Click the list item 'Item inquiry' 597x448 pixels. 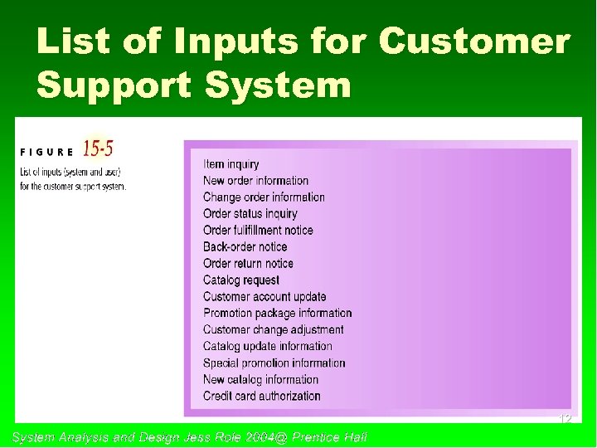[x=231, y=164]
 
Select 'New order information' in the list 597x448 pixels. [x=255, y=181]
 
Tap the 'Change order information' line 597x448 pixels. [x=264, y=197]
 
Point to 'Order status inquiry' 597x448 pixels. [x=250, y=214]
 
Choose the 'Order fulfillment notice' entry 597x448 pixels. [x=258, y=231]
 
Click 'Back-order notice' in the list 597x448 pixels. [x=245, y=247]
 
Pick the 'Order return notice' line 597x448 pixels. [x=248, y=264]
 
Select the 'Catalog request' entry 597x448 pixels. [x=241, y=280]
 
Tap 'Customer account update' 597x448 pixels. [x=265, y=297]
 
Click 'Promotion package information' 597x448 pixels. [x=277, y=314]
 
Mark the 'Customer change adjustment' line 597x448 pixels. [x=273, y=330]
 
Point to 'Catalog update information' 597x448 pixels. [x=267, y=347]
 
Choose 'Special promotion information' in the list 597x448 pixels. [x=274, y=363]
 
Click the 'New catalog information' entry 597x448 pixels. [x=260, y=380]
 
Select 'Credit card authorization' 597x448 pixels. [x=261, y=397]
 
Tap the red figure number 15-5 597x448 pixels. [x=99, y=149]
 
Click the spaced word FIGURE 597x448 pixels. [x=46, y=153]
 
